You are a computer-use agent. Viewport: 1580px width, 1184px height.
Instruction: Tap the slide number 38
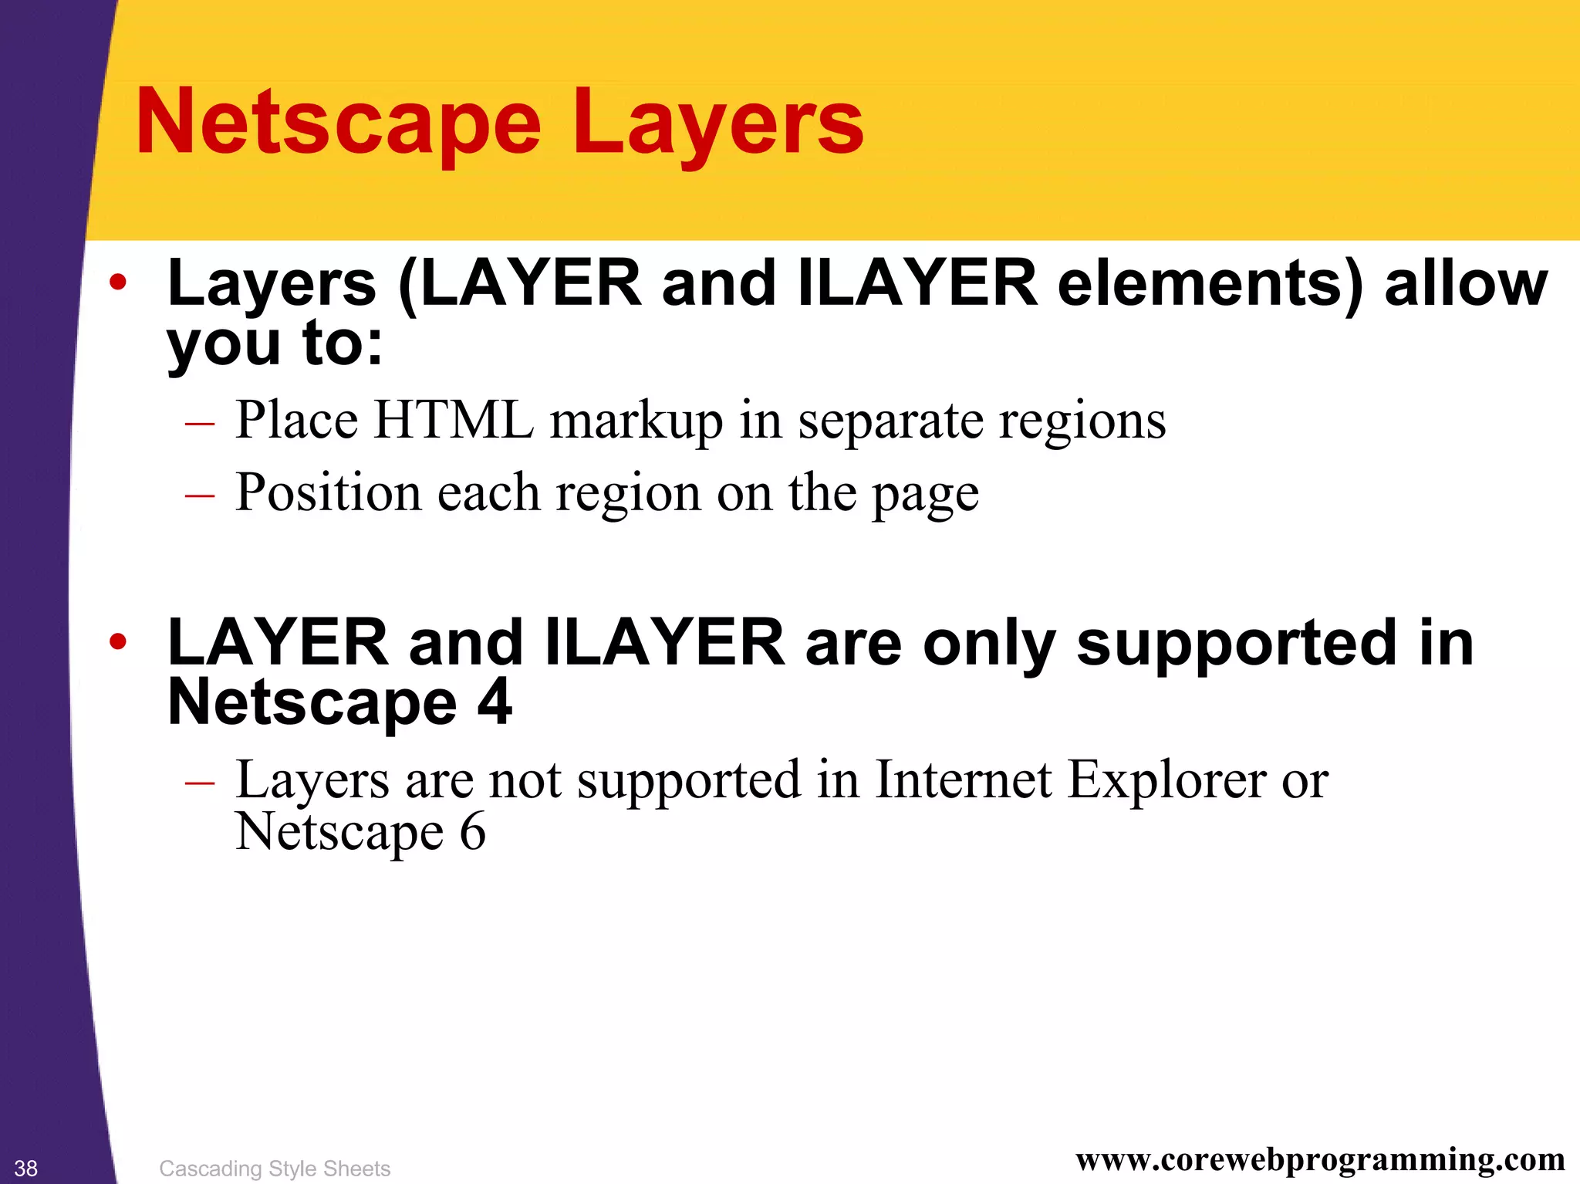coord(25,1169)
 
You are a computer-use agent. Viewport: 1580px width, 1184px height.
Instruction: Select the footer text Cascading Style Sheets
coord(275,1169)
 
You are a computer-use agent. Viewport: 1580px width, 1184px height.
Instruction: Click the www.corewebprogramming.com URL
coord(1320,1159)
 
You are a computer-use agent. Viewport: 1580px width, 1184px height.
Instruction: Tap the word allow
coord(1466,284)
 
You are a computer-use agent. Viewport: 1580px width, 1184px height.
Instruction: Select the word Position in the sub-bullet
coord(328,492)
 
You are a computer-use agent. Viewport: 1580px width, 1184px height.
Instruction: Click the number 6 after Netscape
coord(472,832)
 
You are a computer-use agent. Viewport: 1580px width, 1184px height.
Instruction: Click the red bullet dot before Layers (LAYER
coord(117,282)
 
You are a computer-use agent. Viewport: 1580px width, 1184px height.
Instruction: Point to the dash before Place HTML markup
coord(200,424)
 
